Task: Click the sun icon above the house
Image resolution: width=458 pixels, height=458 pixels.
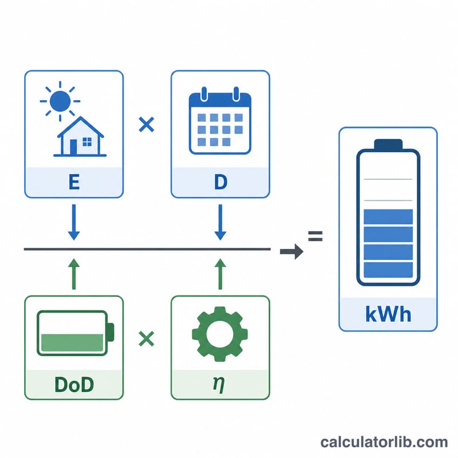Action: pos(60,101)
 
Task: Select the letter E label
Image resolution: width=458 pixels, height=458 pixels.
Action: pos(74,182)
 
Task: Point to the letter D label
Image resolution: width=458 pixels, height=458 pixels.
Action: pos(220,182)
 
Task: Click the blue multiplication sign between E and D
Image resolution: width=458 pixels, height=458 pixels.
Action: pos(147,125)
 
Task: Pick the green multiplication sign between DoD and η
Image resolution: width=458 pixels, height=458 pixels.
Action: pos(147,338)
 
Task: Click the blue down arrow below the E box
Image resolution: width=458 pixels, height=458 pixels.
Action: pos(74,222)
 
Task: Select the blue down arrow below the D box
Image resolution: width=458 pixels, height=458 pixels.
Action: pos(220,222)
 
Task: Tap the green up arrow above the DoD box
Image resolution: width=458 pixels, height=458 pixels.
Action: pos(74,274)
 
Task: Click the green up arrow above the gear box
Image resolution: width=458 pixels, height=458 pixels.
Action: pos(220,274)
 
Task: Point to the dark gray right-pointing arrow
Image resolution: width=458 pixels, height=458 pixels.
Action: pos(291,251)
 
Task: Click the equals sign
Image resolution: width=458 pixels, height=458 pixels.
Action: pos(315,236)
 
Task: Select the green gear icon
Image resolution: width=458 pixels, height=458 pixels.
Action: pos(220,334)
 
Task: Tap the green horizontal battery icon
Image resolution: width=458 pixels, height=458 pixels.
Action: pos(76,333)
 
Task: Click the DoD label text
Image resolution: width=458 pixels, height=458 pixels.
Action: pos(74,384)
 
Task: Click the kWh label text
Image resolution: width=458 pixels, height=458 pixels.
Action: pos(388,314)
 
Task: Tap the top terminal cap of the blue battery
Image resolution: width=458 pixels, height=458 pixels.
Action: pos(388,144)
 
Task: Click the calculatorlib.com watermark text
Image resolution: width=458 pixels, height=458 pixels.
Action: pos(384,442)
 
